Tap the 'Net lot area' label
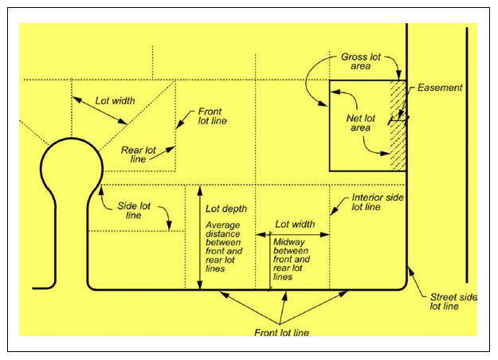coord(360,122)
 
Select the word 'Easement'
coord(440,88)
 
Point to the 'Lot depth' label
coord(226,209)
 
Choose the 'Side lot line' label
coord(135,211)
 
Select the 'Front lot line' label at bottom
coord(281,332)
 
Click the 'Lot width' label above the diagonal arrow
coord(115,101)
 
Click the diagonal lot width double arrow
coord(100,112)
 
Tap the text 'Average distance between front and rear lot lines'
coord(226,246)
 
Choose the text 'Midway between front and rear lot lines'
coord(292,260)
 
